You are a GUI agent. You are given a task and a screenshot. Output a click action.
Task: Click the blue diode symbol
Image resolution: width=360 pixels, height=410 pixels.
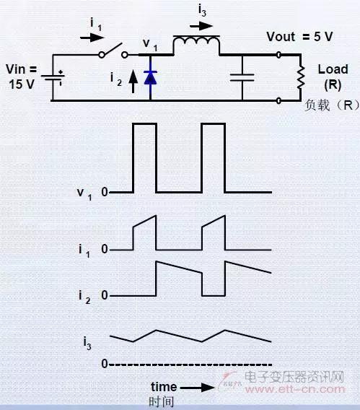tap(151, 77)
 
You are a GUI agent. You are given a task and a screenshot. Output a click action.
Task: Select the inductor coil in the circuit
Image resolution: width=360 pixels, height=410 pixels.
tap(196, 41)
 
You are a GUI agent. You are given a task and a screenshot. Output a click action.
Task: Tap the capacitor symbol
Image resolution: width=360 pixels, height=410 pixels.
tap(242, 77)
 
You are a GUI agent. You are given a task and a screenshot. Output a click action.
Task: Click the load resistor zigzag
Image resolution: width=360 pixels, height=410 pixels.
tap(301, 77)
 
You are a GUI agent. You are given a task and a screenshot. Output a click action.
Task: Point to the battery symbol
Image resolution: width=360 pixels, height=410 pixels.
tap(53, 77)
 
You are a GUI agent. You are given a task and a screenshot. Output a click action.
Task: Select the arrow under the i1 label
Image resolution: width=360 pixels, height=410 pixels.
tap(92, 38)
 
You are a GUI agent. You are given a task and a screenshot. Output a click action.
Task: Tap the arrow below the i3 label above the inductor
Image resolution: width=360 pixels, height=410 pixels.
tap(201, 26)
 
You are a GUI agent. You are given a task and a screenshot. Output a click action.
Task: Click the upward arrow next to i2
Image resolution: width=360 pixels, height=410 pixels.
tap(133, 82)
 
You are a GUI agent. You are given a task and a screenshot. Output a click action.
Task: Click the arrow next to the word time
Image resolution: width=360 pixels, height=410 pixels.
tap(198, 388)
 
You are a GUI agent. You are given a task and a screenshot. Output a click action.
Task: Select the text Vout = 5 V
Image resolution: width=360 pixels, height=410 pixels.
tap(299, 37)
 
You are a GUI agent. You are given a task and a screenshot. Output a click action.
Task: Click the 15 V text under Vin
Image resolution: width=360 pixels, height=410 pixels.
tap(22, 84)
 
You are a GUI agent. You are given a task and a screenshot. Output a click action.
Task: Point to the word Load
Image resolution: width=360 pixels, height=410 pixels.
tap(333, 69)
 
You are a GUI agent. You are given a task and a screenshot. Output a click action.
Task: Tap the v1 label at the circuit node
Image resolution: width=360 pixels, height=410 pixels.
tap(150, 45)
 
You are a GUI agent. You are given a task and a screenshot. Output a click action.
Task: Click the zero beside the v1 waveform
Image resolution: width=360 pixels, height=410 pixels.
tap(105, 192)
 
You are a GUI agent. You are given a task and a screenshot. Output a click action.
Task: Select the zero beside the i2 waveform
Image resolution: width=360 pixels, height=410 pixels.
tap(105, 295)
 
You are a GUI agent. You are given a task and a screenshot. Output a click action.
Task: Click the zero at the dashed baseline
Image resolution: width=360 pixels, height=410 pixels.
tap(105, 364)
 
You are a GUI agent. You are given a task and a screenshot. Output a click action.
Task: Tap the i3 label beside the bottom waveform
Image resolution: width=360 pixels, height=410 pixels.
tap(87, 343)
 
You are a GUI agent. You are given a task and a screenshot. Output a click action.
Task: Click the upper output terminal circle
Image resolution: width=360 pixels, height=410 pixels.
tap(278, 55)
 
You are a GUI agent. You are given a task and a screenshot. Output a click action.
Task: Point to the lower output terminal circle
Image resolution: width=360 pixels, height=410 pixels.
tap(278, 100)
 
